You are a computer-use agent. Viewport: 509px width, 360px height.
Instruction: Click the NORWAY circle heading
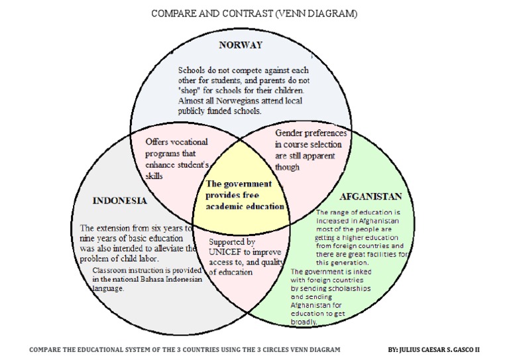pos(241,45)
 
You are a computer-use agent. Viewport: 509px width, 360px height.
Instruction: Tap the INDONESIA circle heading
pos(120,200)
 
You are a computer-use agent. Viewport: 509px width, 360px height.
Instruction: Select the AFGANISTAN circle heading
pos(370,197)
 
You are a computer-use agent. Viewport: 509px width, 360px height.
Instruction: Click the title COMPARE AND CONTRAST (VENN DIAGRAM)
pos(254,14)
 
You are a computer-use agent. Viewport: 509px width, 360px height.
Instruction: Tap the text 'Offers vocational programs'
pos(176,147)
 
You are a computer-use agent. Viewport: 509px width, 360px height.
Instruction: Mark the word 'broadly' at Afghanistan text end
pos(304,322)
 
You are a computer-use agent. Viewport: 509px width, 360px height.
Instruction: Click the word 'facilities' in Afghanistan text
pos(382,254)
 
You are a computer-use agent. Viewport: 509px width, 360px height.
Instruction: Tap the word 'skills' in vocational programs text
pos(154,177)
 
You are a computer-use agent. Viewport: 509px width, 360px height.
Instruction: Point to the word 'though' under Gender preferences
pos(288,168)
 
